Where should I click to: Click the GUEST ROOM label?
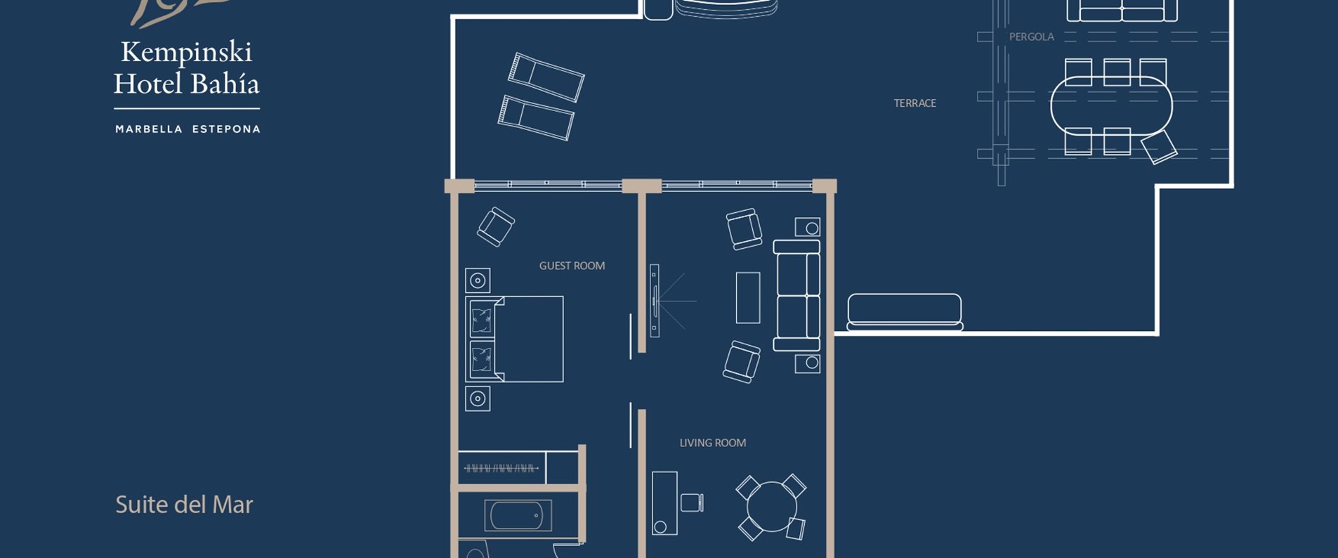pos(572,266)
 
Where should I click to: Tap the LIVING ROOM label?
pos(712,443)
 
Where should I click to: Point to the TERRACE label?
pos(914,103)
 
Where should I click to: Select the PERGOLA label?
pos(1031,37)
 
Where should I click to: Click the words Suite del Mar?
pos(184,505)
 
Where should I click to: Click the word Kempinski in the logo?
pos(186,52)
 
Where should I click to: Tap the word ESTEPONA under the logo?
pos(226,129)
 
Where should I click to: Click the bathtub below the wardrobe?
pos(518,516)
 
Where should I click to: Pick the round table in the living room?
pos(771,506)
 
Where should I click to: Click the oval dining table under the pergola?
pos(1111,106)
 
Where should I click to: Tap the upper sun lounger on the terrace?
pos(546,77)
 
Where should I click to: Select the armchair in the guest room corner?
pos(495,226)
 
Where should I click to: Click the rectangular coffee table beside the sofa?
pos(747,298)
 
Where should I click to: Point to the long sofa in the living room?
pos(796,295)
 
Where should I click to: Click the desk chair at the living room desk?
pos(692,502)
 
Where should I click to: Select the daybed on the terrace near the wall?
pos(905,311)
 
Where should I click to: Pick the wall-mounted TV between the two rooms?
pos(655,301)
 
